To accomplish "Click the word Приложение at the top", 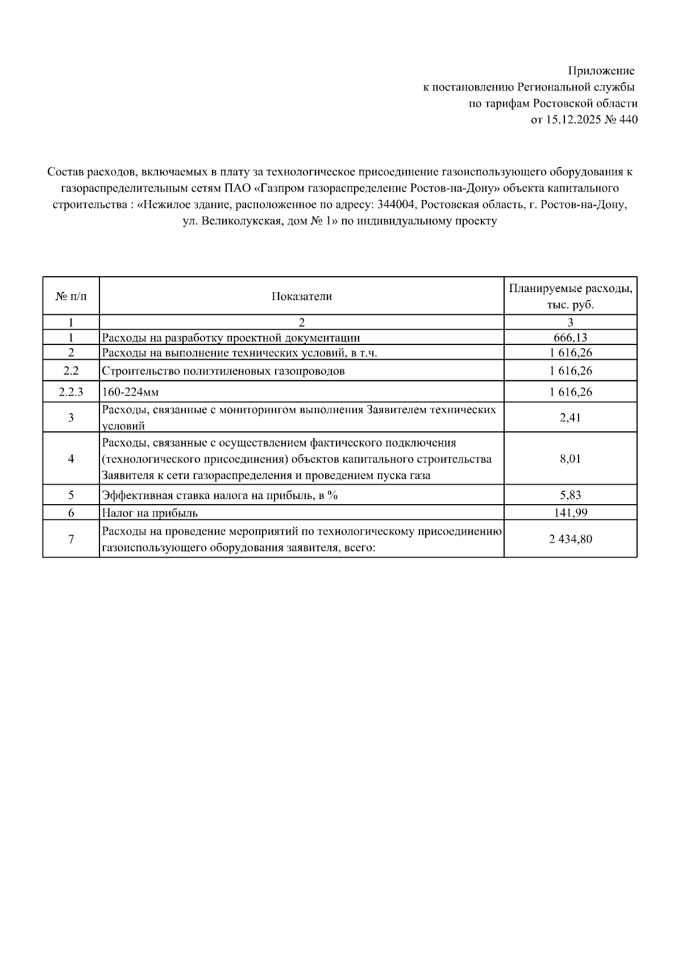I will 601,71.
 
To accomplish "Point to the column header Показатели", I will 301,297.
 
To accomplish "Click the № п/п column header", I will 71,297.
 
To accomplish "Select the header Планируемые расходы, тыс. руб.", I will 570,297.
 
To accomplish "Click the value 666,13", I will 570,338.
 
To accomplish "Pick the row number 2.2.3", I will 71,392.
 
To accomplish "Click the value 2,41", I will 570,418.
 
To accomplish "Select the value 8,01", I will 570,459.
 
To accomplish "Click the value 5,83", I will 570,496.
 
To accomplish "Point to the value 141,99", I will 570,513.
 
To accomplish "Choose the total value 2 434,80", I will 570,539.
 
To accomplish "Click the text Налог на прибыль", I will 150,513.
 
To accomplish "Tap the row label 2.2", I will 71,371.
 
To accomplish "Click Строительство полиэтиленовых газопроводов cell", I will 223,371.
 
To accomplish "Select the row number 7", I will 71,539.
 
